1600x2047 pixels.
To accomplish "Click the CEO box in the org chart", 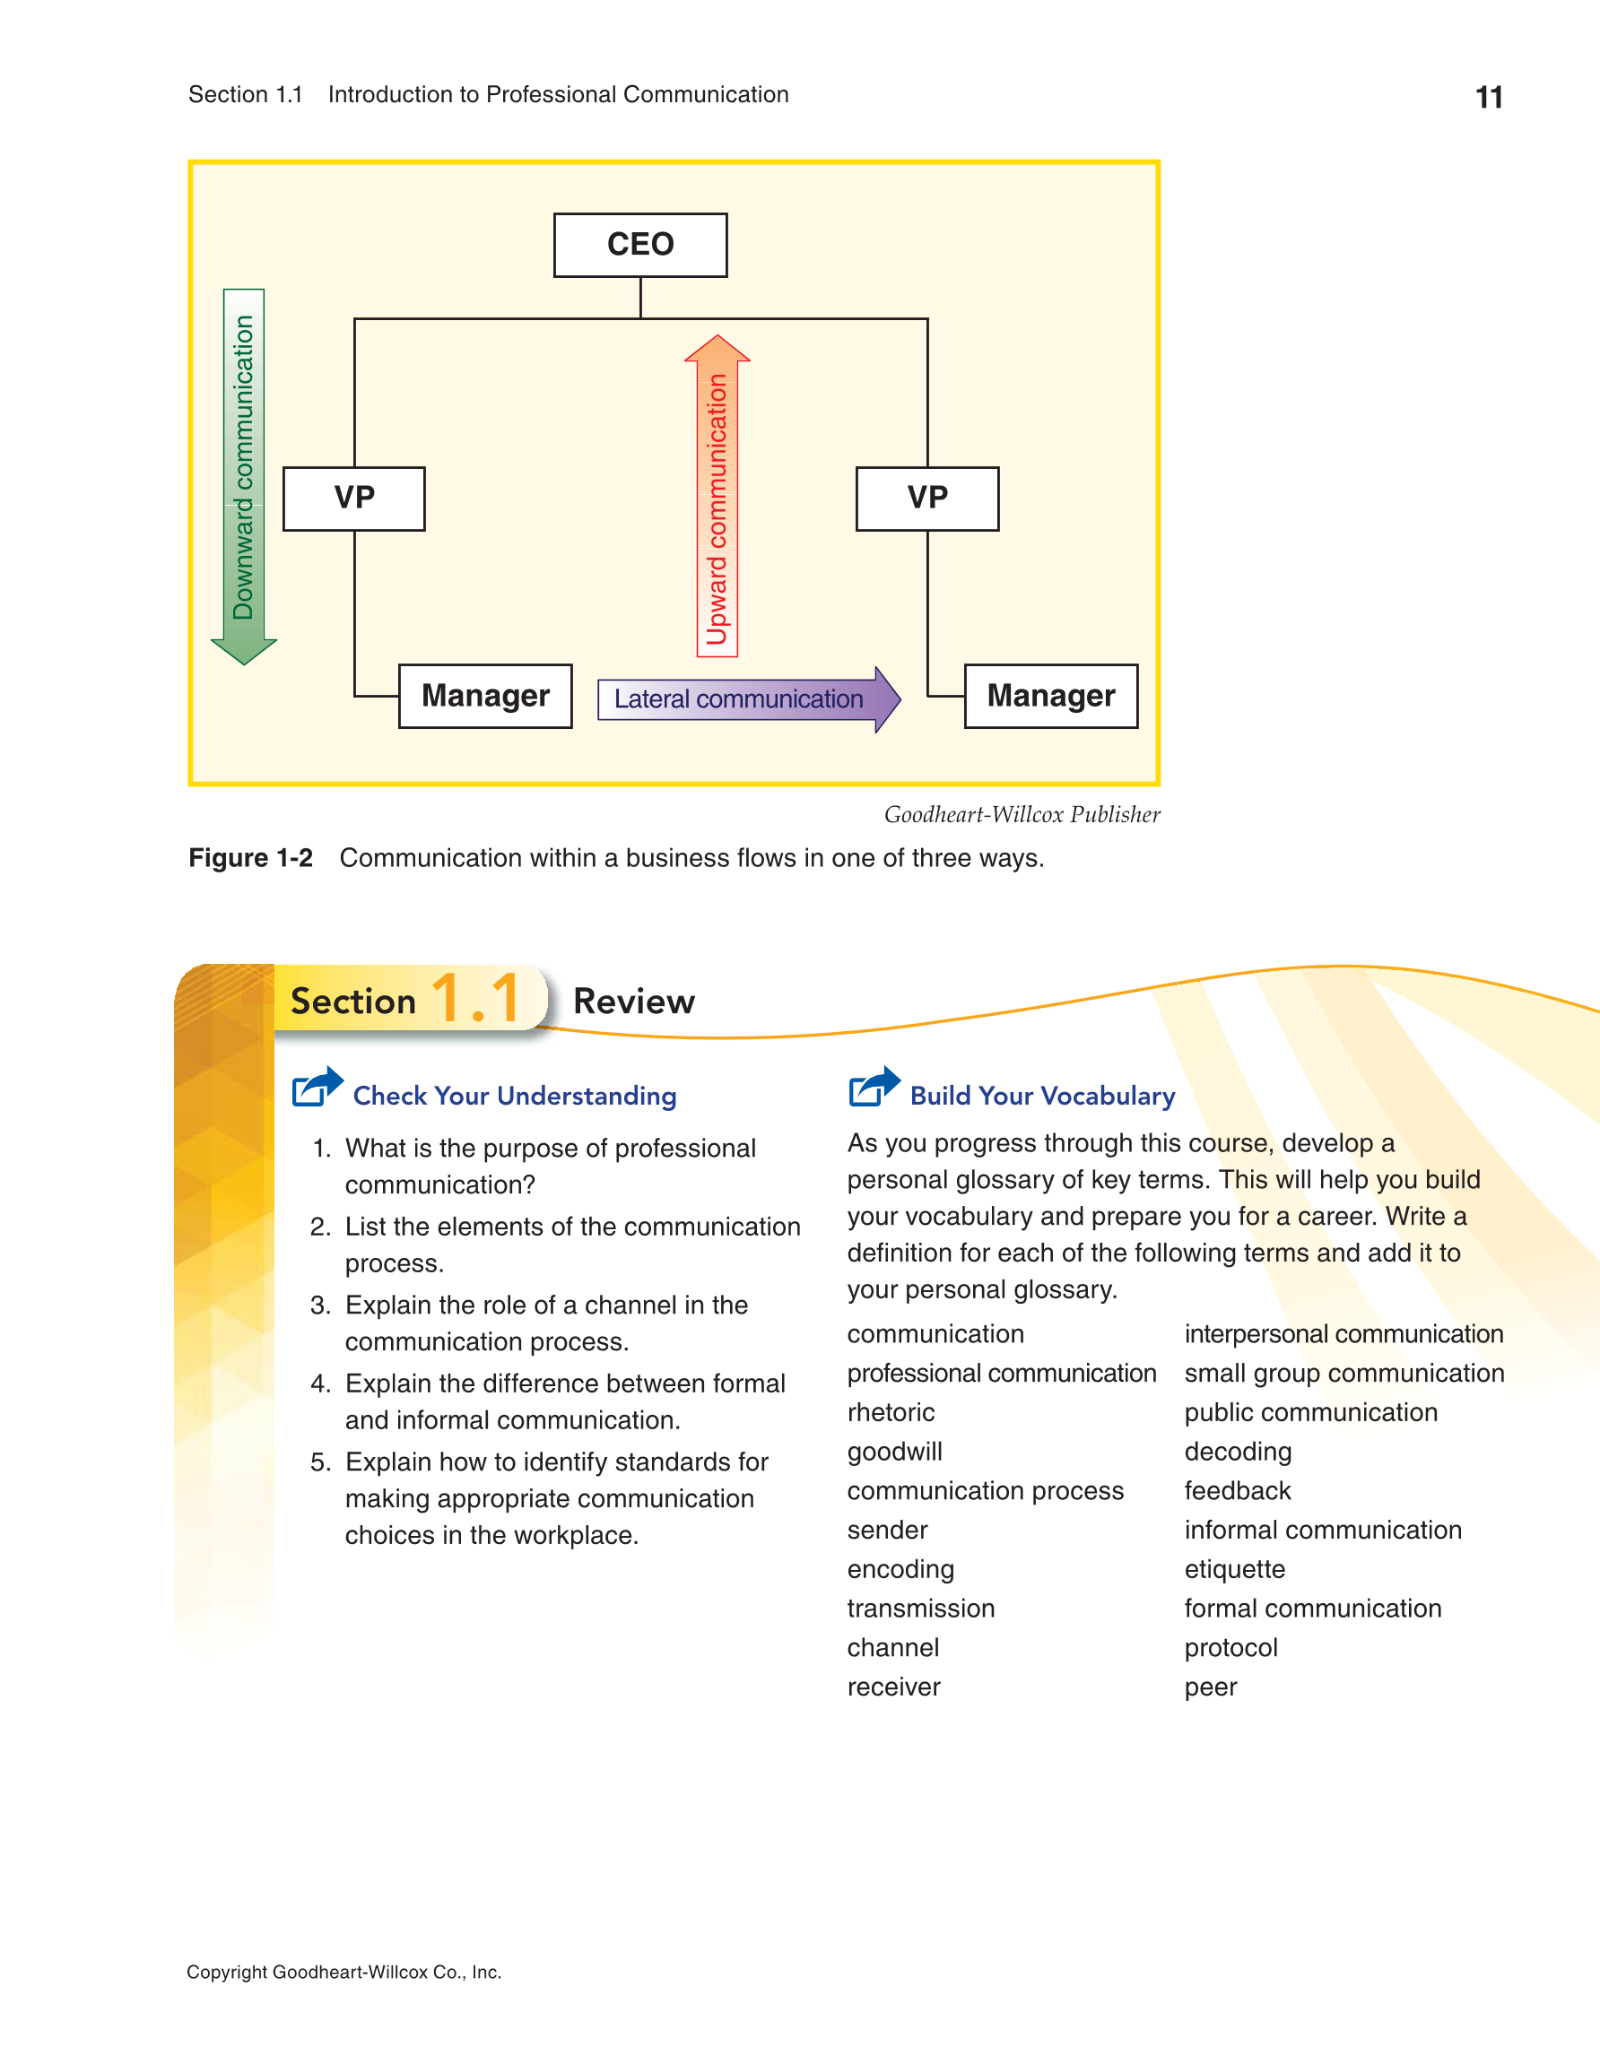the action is pos(640,245).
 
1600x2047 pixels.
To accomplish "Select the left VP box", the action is pos(354,498).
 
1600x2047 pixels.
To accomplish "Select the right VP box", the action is pos(927,498).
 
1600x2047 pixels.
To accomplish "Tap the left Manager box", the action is pos(485,696).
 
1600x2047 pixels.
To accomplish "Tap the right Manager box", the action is pos(1051,696).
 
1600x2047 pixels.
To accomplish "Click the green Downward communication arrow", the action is pos(244,476).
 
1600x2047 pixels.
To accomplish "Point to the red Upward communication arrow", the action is pos(717,496).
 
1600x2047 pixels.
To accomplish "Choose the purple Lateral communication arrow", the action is pos(749,699).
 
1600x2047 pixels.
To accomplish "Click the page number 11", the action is pos(1489,98).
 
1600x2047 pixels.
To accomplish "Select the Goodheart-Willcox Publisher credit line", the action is pos(1022,814).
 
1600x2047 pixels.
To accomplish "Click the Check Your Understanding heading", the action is pos(515,1096).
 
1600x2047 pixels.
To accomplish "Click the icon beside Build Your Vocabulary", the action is pos(874,1088).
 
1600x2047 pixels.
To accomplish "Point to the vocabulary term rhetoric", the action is pos(891,1412).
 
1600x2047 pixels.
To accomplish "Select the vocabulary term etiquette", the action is pos(1234,1569).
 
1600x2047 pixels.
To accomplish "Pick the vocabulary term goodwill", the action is pos(894,1452).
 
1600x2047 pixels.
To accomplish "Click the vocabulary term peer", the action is pos(1210,1688).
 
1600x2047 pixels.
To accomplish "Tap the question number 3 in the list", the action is pos(320,1305).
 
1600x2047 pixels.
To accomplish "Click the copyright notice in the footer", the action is pos(344,1972).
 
